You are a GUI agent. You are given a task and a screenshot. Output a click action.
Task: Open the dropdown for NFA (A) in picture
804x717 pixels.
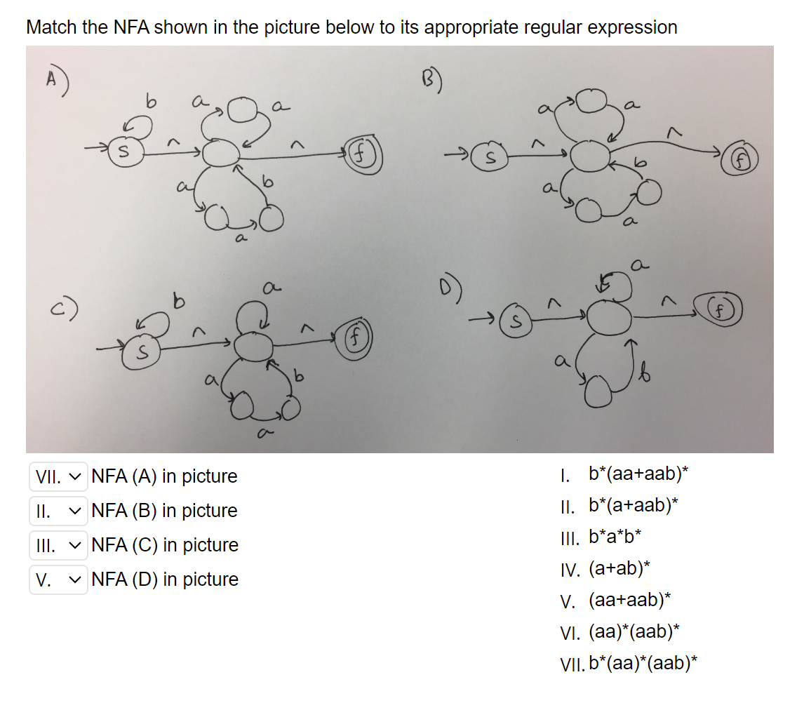59,476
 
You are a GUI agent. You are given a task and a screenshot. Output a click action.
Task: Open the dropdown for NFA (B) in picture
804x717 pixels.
59,511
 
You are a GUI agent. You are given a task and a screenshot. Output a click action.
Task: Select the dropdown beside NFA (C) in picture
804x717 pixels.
59,545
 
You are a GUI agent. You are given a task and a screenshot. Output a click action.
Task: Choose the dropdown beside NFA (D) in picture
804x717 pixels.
59,579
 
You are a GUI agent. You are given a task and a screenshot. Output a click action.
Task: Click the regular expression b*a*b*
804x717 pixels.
615,538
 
